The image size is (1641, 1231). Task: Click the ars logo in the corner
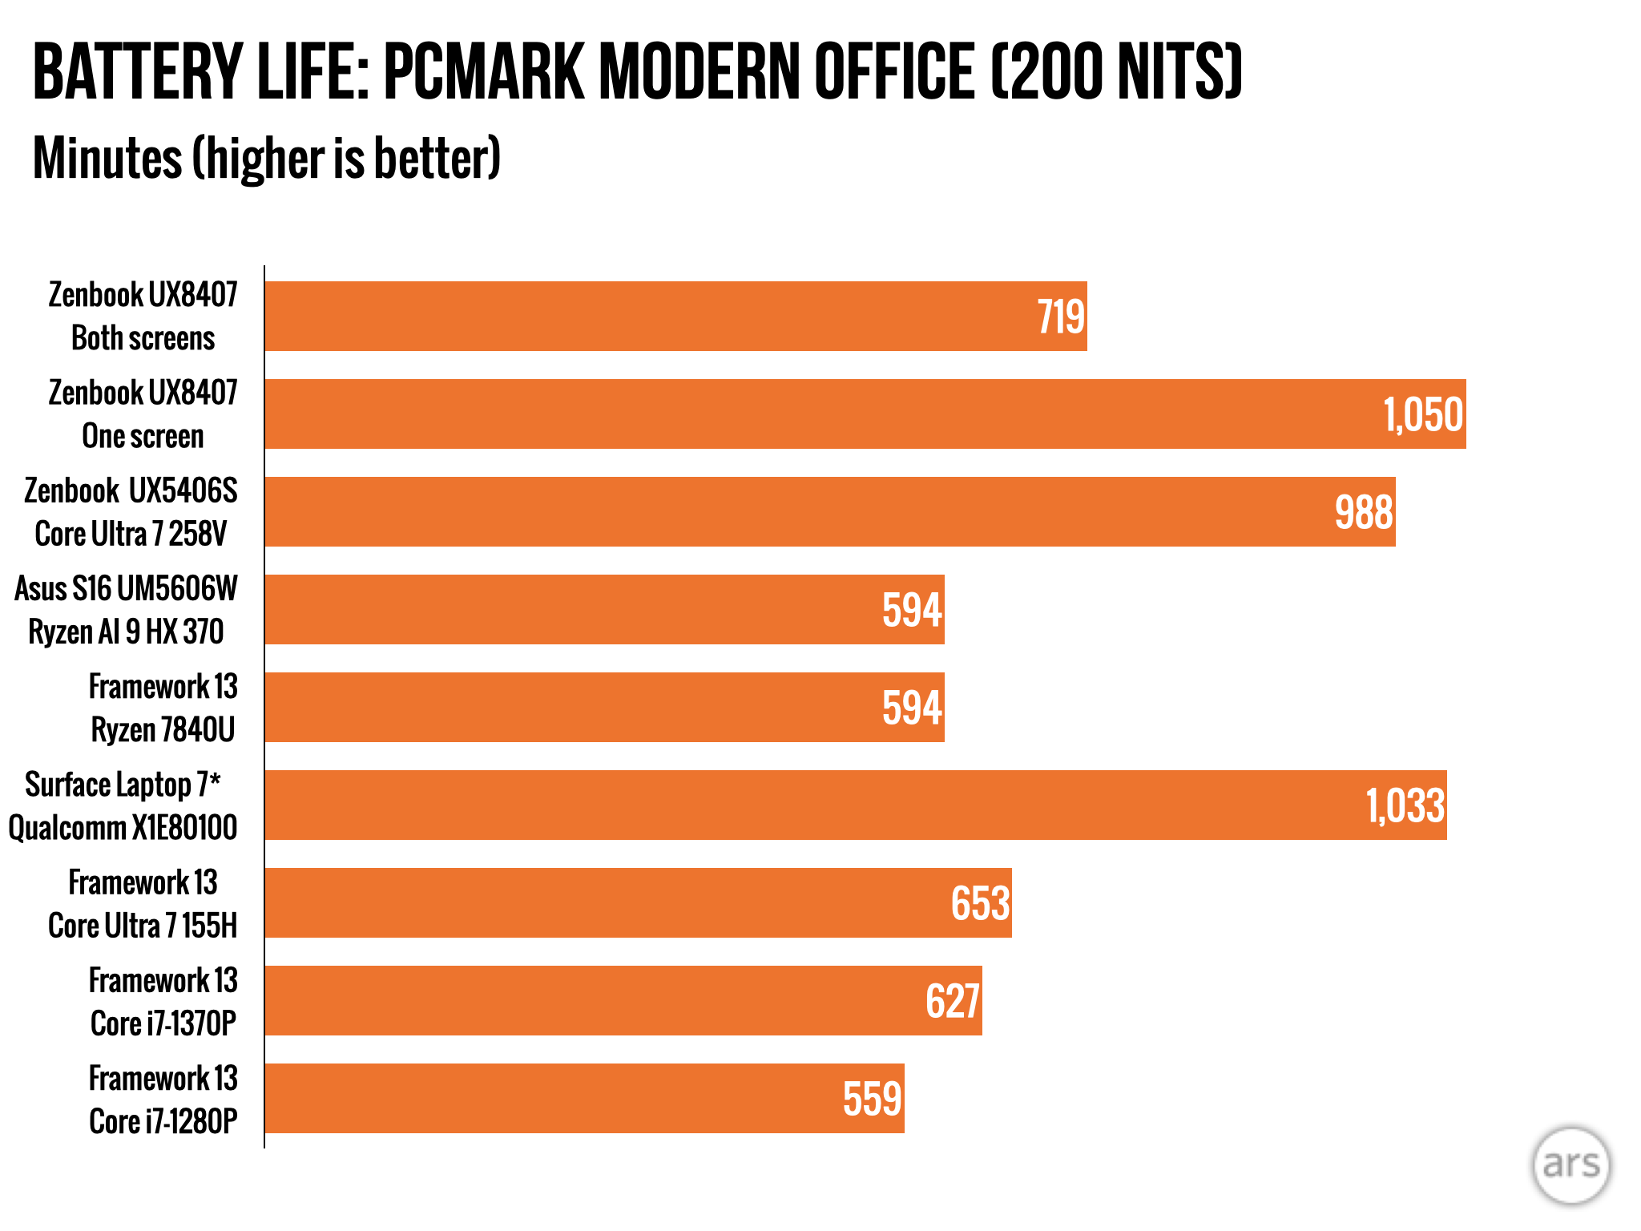tap(1570, 1164)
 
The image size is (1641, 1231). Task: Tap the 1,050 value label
tap(1423, 415)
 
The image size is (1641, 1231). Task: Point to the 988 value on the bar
tap(1364, 513)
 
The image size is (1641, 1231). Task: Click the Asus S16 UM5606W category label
tap(127, 610)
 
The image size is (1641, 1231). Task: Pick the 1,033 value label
tap(1405, 806)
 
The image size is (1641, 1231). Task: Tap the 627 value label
tap(953, 1002)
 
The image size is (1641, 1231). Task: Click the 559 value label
tap(873, 1100)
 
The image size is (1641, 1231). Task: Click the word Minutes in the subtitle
tap(107, 158)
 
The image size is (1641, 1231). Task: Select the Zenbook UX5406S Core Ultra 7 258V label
tap(131, 512)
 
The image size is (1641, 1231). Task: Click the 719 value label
tap(1061, 317)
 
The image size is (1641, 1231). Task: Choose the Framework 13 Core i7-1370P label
tap(163, 1002)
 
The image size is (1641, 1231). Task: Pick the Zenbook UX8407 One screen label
tap(143, 414)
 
